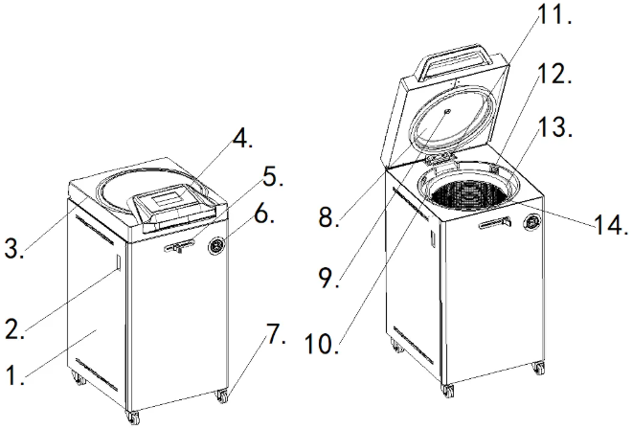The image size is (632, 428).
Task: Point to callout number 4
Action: pyautogui.click(x=242, y=140)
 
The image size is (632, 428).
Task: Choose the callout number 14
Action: pyautogui.click(x=608, y=228)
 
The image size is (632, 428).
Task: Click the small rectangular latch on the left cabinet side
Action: pyautogui.click(x=114, y=264)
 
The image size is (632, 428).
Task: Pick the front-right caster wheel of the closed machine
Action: pyautogui.click(x=222, y=394)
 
